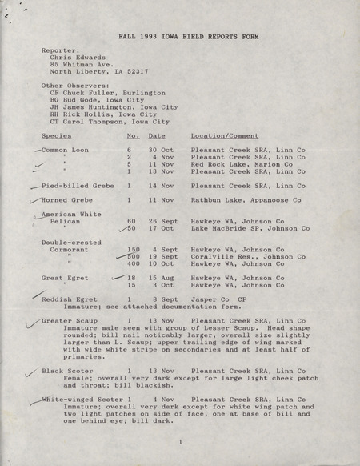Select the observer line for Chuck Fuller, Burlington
pyautogui.click(x=108, y=93)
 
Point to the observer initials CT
pyautogui.click(x=54, y=122)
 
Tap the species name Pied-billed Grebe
pyautogui.click(x=78, y=185)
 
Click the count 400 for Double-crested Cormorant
pyautogui.click(x=133, y=263)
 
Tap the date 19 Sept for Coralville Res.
pyautogui.click(x=161, y=255)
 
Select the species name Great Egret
pyautogui.click(x=64, y=277)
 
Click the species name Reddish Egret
pyautogui.click(x=67, y=298)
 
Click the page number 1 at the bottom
pyautogui.click(x=181, y=441)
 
